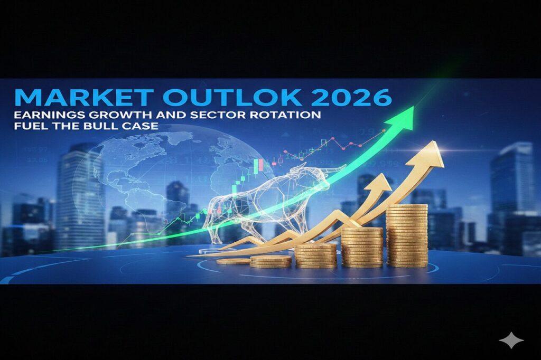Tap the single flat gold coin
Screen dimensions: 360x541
point(233,261)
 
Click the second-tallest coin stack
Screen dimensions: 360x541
point(362,246)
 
